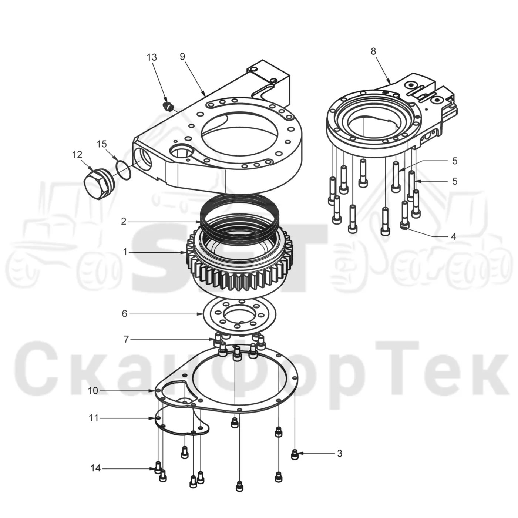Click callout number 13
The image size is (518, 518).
pos(152,57)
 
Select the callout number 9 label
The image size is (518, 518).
pos(182,57)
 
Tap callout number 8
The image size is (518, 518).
pos(373,51)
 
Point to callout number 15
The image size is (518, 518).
pos(102,144)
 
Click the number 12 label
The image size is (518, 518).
pos(77,155)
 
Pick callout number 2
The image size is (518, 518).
pos(124,222)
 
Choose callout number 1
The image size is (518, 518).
pos(125,252)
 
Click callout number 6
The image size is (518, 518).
pos(124,314)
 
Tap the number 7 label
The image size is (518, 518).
pos(126,339)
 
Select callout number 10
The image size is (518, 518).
pos(93,391)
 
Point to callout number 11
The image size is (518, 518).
pos(94,418)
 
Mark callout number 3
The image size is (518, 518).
pos(340,454)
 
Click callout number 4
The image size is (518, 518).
pos(454,236)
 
